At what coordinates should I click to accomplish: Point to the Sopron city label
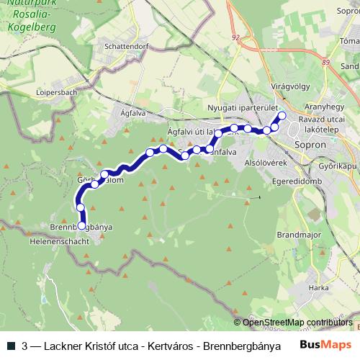click(x=311, y=143)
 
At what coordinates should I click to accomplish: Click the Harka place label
click(x=318, y=287)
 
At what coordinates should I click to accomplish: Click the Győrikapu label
click(x=338, y=166)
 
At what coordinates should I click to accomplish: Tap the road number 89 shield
click(x=327, y=63)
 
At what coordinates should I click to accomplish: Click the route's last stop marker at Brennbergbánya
click(x=82, y=225)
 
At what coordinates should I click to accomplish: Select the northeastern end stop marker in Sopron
click(x=282, y=115)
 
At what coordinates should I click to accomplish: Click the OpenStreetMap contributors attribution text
click(x=297, y=323)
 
